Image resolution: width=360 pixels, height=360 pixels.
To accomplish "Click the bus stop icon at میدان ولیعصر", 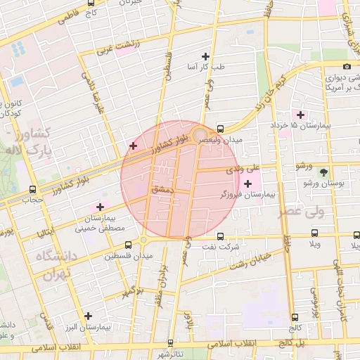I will (221, 129).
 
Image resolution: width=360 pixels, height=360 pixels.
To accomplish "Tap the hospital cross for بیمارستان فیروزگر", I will (247, 184).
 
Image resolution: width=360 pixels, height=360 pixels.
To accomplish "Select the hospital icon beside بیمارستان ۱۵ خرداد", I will (301, 114).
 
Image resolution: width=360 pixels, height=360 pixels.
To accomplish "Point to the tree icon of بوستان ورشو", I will (323, 172).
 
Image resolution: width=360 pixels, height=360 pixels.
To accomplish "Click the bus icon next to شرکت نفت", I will (220, 237).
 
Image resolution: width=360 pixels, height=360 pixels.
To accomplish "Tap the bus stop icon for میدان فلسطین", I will (128, 245).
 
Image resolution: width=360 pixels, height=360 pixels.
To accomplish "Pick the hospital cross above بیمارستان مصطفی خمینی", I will (100, 207).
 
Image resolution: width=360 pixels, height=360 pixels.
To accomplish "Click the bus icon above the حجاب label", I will (33, 189).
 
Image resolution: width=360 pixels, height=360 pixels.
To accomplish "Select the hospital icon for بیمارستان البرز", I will (88, 316).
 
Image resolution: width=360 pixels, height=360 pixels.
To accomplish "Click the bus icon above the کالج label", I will (295, 316).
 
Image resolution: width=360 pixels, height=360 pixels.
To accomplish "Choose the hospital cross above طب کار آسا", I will (205, 56).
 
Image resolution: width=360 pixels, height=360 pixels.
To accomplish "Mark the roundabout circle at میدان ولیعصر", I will (200, 134).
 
